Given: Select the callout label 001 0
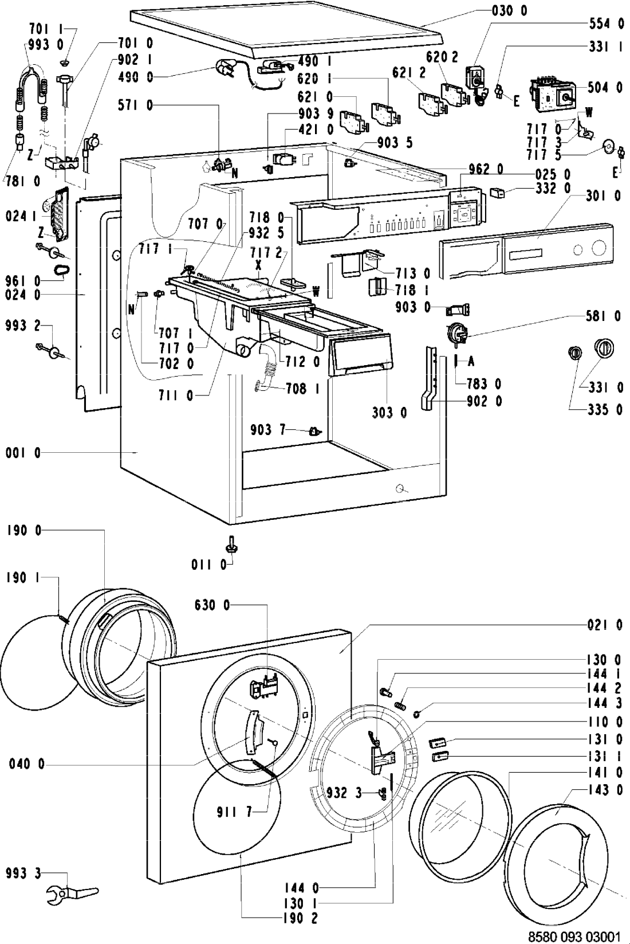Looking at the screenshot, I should [x=23, y=453].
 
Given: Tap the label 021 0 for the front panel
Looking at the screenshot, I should [x=604, y=625].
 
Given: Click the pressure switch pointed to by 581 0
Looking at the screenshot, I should [x=455, y=332].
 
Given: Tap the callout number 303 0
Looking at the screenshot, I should [x=389, y=412].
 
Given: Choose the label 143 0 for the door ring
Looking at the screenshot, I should [x=604, y=790].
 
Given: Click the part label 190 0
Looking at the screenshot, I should [x=23, y=531].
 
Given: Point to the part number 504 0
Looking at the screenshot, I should [x=604, y=88].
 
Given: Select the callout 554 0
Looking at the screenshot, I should [x=606, y=23].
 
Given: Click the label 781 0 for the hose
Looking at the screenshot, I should [x=23, y=182].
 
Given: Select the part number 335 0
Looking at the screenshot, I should [x=606, y=410].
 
